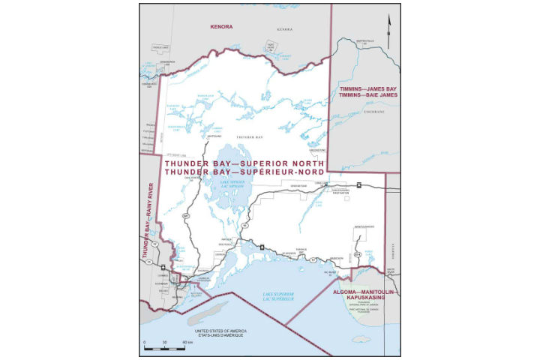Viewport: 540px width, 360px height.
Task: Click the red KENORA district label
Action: pyautogui.click(x=221, y=26)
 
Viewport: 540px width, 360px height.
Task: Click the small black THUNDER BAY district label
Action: pyautogui.click(x=249, y=138)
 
